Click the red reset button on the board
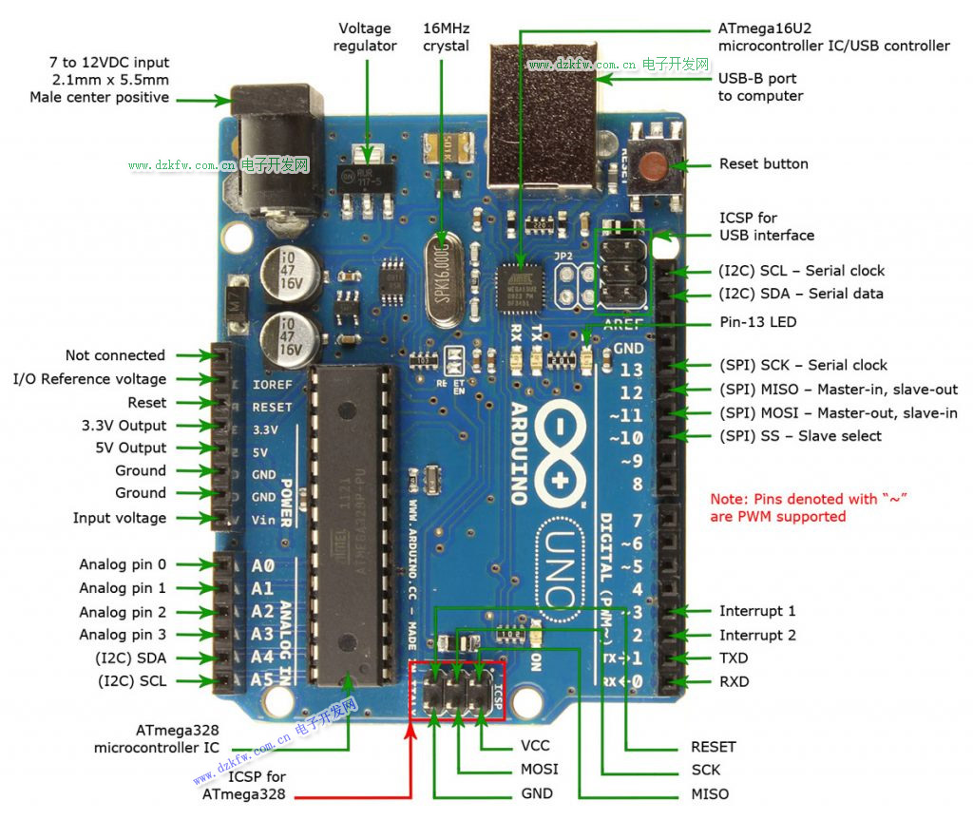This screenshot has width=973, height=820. pyautogui.click(x=653, y=166)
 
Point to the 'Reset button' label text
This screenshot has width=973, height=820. pyautogui.click(x=763, y=164)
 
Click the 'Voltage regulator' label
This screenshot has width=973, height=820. pyautogui.click(x=365, y=37)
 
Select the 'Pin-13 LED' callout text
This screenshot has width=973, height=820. pyautogui.click(x=757, y=322)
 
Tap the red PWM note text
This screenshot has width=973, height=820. pyautogui.click(x=808, y=507)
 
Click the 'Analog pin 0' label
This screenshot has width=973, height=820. pyautogui.click(x=122, y=564)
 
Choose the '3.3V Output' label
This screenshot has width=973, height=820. pyautogui.click(x=124, y=425)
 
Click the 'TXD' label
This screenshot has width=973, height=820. pyautogui.click(x=734, y=658)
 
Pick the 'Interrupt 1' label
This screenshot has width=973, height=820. pyautogui.click(x=757, y=611)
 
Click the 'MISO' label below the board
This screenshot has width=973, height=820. pyautogui.click(x=710, y=793)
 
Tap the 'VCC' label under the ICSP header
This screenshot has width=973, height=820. pyautogui.click(x=535, y=746)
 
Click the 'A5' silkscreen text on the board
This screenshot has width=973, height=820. pyautogui.click(x=261, y=680)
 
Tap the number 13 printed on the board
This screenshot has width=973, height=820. pyautogui.click(x=631, y=371)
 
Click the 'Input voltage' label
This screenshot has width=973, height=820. pyautogui.click(x=119, y=518)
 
